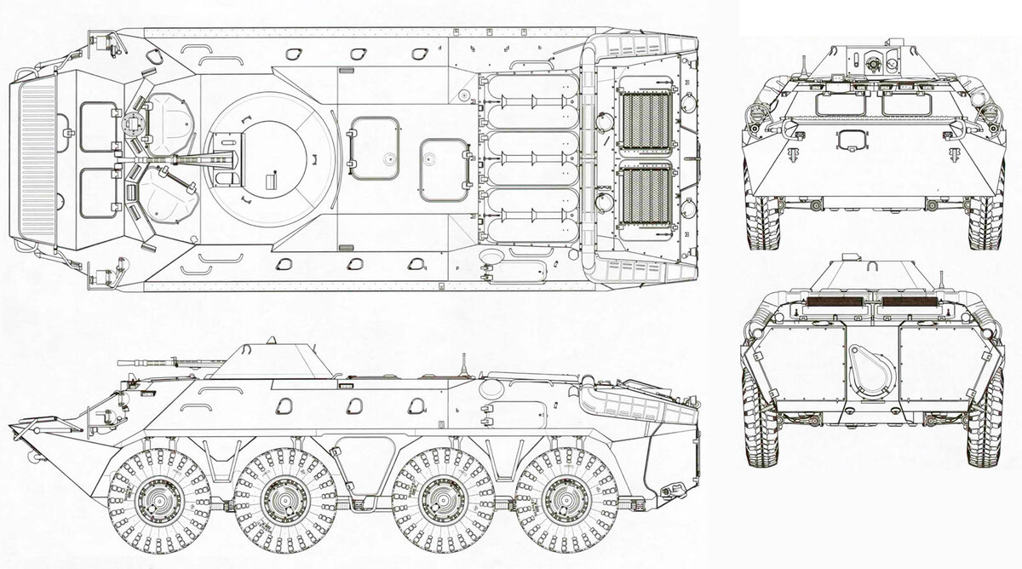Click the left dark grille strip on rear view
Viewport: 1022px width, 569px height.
point(832,301)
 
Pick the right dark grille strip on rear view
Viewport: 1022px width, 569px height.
point(910,301)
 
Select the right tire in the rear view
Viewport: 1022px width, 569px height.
point(983,422)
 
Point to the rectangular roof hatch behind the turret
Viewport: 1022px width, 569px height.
point(375,148)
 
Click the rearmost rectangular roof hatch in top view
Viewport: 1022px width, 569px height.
point(444,170)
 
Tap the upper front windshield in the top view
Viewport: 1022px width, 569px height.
point(99,127)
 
